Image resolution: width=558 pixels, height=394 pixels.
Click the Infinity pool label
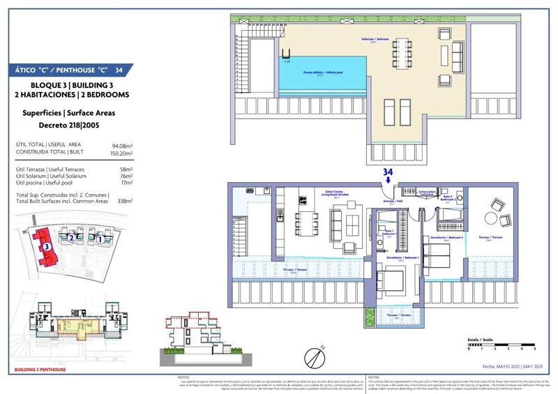(x=326, y=72)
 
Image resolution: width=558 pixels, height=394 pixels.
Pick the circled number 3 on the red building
(x=47, y=245)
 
